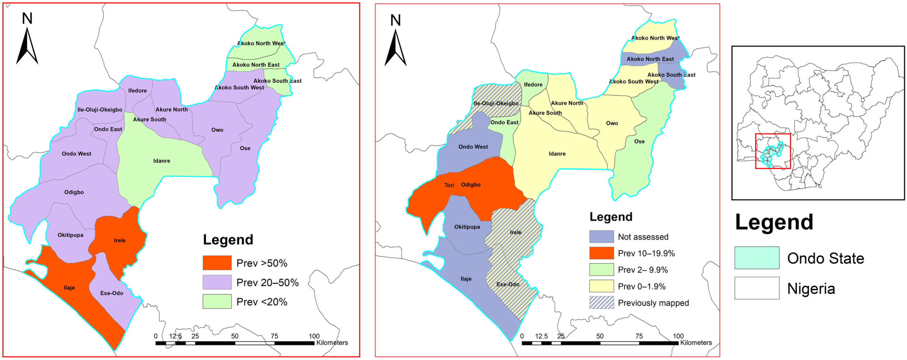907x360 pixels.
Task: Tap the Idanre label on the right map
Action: click(x=557, y=154)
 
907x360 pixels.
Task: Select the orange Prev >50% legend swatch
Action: click(x=217, y=263)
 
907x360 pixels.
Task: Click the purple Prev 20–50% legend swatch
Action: click(x=217, y=282)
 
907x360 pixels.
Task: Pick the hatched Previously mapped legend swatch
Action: click(x=601, y=303)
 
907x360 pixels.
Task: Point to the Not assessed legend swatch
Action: click(x=601, y=236)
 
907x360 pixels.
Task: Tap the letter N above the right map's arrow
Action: click(x=396, y=20)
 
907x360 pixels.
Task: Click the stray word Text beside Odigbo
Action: click(x=449, y=185)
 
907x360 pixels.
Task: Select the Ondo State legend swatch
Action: click(x=757, y=258)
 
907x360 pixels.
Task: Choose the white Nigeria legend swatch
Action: click(x=757, y=288)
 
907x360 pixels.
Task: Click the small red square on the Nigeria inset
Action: click(x=773, y=151)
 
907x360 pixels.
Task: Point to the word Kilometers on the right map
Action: click(x=696, y=342)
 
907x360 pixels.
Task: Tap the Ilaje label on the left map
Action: click(x=69, y=288)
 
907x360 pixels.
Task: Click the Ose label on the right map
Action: click(x=639, y=141)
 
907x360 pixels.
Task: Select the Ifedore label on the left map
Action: click(x=137, y=90)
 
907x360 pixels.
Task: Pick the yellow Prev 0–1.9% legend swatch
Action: click(x=601, y=286)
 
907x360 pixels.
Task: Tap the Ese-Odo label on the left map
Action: click(x=112, y=293)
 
